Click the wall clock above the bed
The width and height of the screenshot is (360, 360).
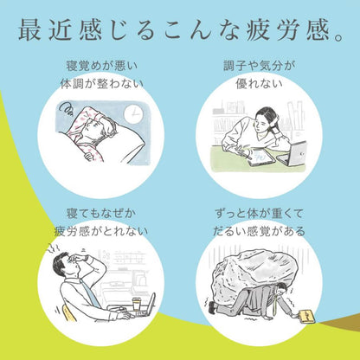coord(133,114)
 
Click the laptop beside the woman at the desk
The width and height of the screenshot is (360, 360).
coord(292,154)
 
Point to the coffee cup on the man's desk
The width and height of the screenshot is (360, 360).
coord(137,305)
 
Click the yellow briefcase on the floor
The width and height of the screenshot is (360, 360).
coord(306,316)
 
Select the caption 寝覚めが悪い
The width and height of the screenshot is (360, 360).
coord(102,66)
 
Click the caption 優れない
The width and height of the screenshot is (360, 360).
coord(259,84)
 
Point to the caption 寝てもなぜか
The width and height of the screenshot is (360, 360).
coord(101,214)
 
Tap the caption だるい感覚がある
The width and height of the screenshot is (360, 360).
coord(259,231)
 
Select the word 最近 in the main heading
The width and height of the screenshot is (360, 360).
coord(45,29)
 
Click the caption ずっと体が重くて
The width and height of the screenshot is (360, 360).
coord(259,214)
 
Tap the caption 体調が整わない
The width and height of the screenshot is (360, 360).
coord(101,84)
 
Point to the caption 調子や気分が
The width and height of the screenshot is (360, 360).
coord(259,66)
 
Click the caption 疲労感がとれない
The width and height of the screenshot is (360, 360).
coord(101,231)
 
